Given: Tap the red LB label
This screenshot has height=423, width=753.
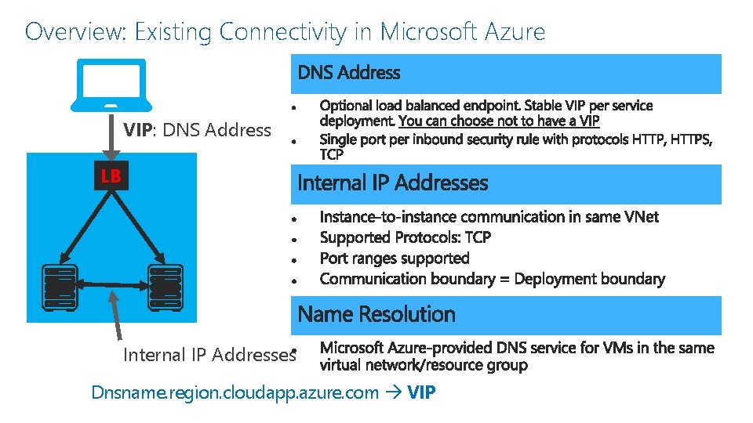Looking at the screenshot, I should [111, 176].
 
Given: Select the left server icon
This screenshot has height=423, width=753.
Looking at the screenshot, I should [59, 285].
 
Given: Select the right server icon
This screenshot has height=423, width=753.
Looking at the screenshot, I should [165, 285].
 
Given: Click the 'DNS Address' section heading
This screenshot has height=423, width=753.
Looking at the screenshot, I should [349, 74].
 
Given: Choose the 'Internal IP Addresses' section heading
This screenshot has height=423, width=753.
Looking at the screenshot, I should [392, 183].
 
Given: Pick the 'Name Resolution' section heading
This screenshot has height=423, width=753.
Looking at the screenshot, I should [376, 314].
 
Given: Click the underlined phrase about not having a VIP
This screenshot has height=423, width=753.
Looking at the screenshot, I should [499, 121].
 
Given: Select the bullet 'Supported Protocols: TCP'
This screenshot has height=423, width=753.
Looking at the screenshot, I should [405, 237].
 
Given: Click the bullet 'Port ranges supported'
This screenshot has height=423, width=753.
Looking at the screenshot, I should [394, 258].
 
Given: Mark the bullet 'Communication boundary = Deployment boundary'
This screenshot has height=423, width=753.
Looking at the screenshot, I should [492, 279].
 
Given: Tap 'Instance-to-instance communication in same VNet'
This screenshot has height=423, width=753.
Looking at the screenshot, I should [489, 216].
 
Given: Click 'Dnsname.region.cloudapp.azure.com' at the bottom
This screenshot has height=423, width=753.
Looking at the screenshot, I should [235, 392].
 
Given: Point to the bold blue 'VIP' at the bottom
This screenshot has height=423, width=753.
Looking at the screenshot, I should [422, 392].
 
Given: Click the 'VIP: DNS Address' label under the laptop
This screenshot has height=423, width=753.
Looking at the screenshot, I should [197, 130].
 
